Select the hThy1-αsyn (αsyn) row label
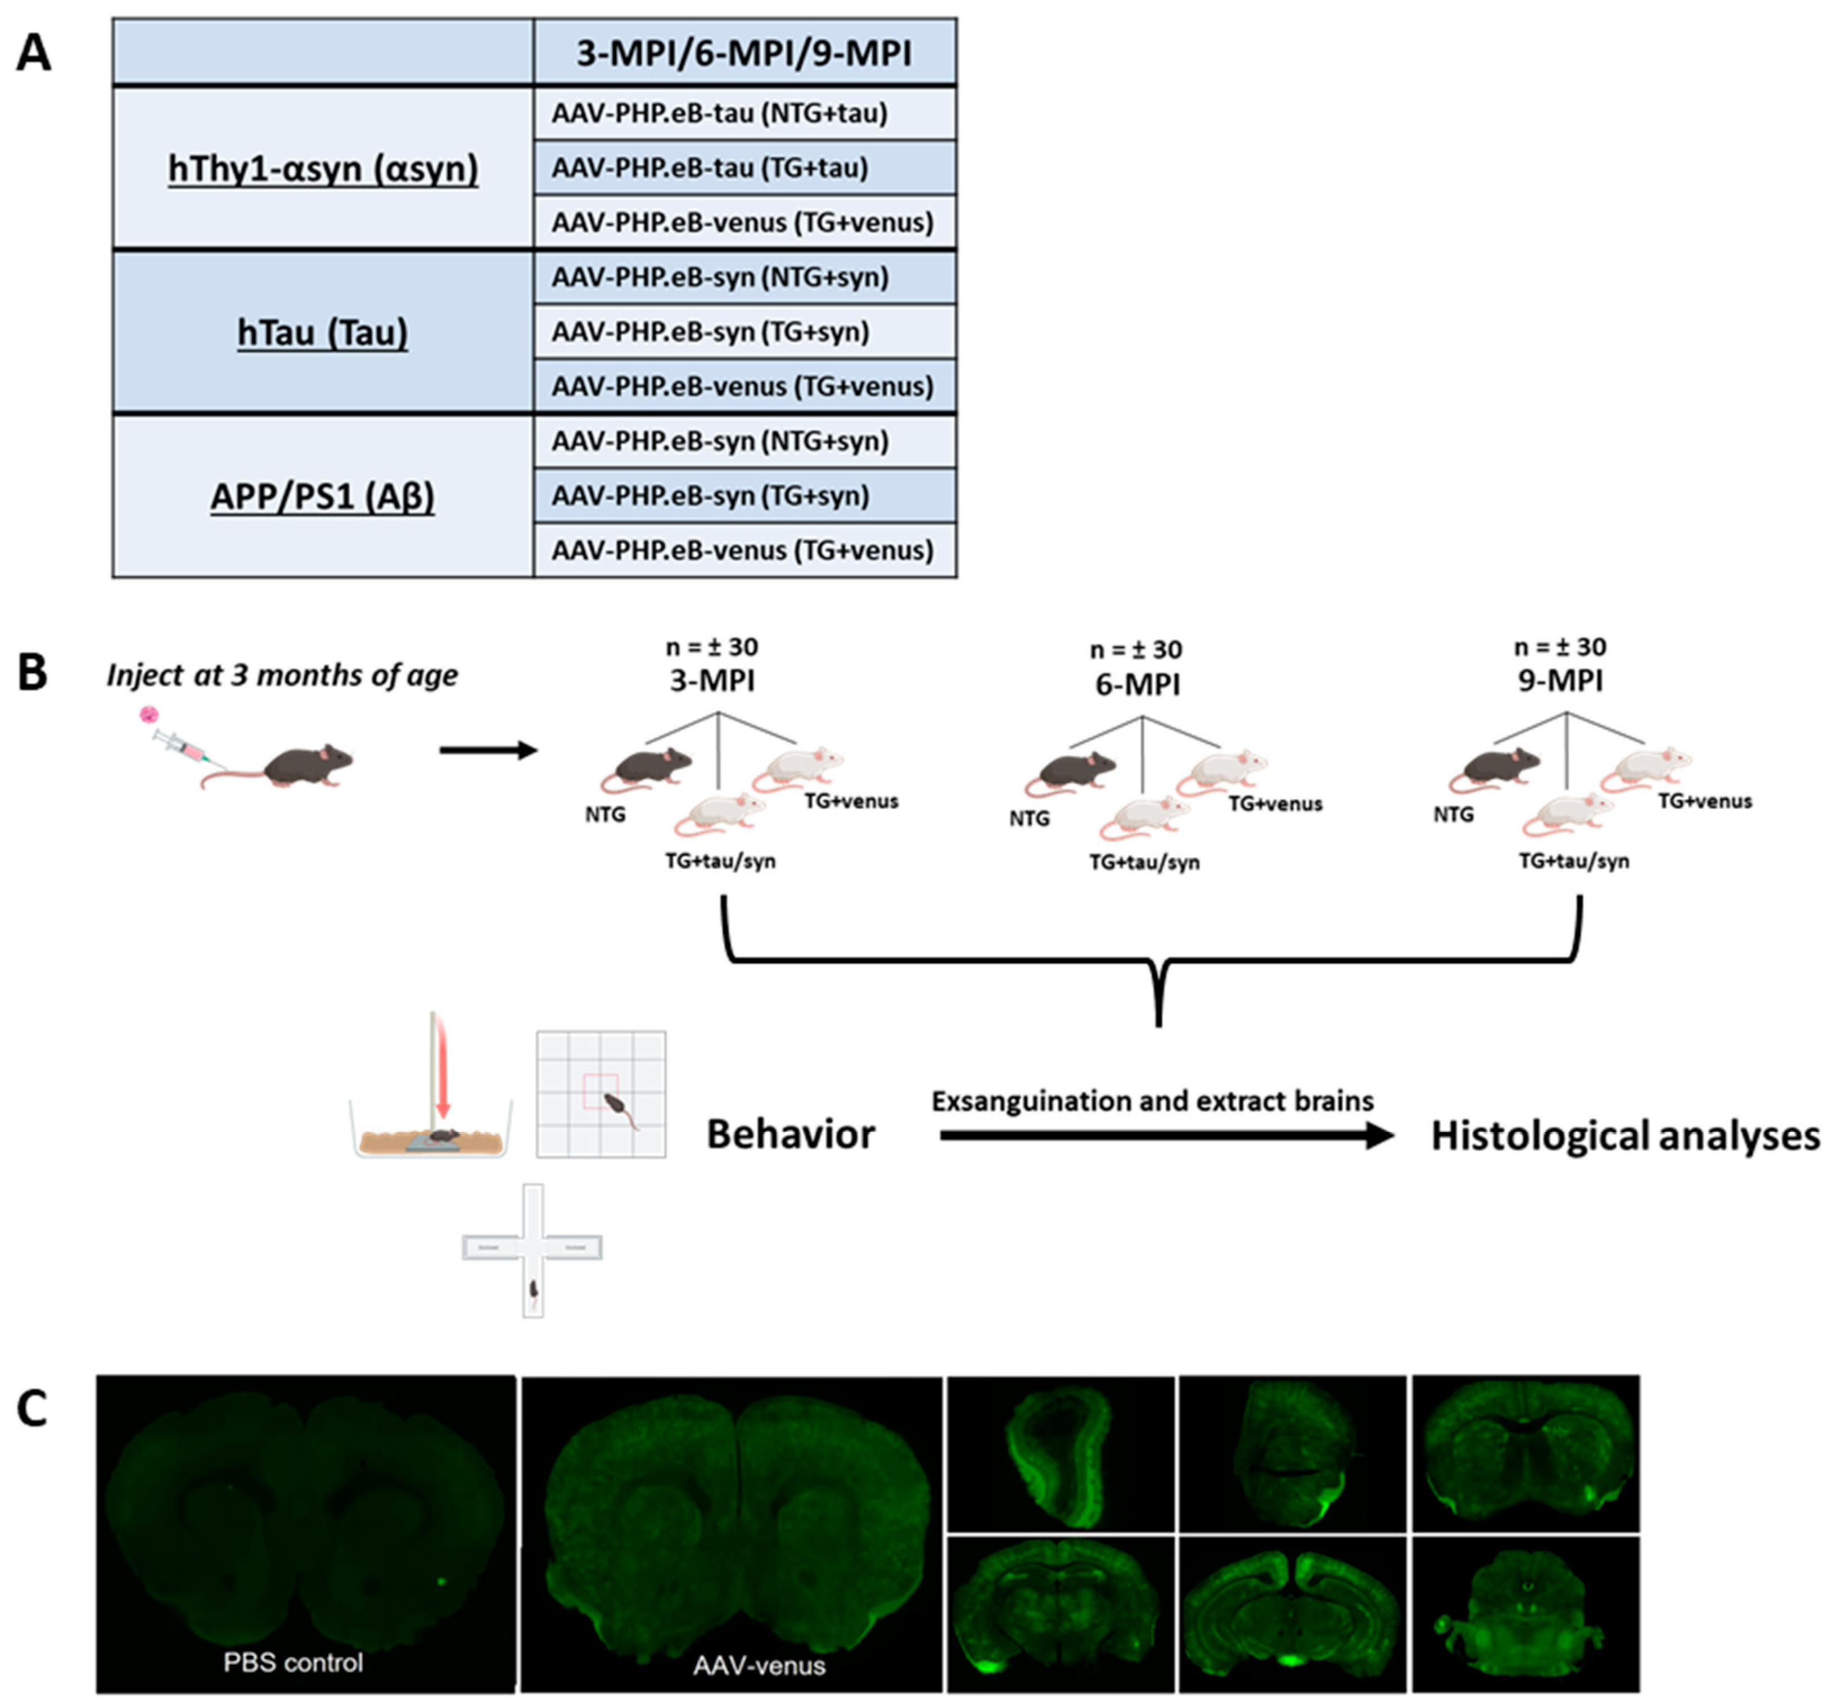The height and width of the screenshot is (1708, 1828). (323, 168)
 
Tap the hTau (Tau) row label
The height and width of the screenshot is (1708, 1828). (323, 332)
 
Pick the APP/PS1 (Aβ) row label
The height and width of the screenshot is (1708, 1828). (323, 496)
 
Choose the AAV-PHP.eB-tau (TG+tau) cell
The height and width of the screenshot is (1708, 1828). (709, 168)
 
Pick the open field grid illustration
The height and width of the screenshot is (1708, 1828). (601, 1094)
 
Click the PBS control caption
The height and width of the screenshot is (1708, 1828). (294, 1662)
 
